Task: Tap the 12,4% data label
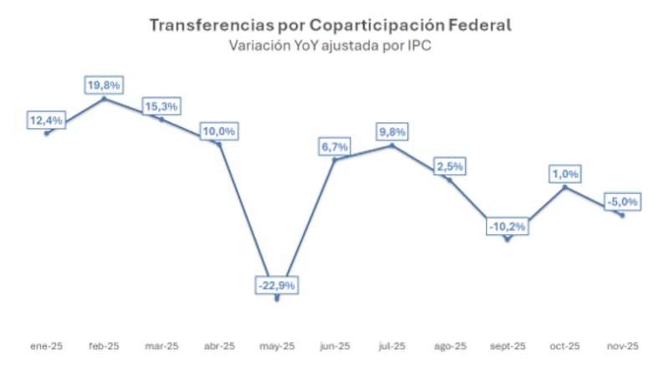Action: (46, 120)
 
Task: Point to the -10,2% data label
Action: (508, 226)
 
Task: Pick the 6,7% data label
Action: (334, 146)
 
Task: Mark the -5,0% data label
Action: (622, 201)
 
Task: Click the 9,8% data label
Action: (392, 131)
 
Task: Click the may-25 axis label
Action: (277, 346)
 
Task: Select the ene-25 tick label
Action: (46, 346)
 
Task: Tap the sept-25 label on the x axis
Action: (508, 346)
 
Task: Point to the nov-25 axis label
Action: (622, 346)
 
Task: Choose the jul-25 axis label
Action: (392, 346)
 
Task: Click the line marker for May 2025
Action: (277, 299)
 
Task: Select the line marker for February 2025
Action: (104, 99)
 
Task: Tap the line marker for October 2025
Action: (565, 186)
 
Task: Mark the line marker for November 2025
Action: (622, 215)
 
